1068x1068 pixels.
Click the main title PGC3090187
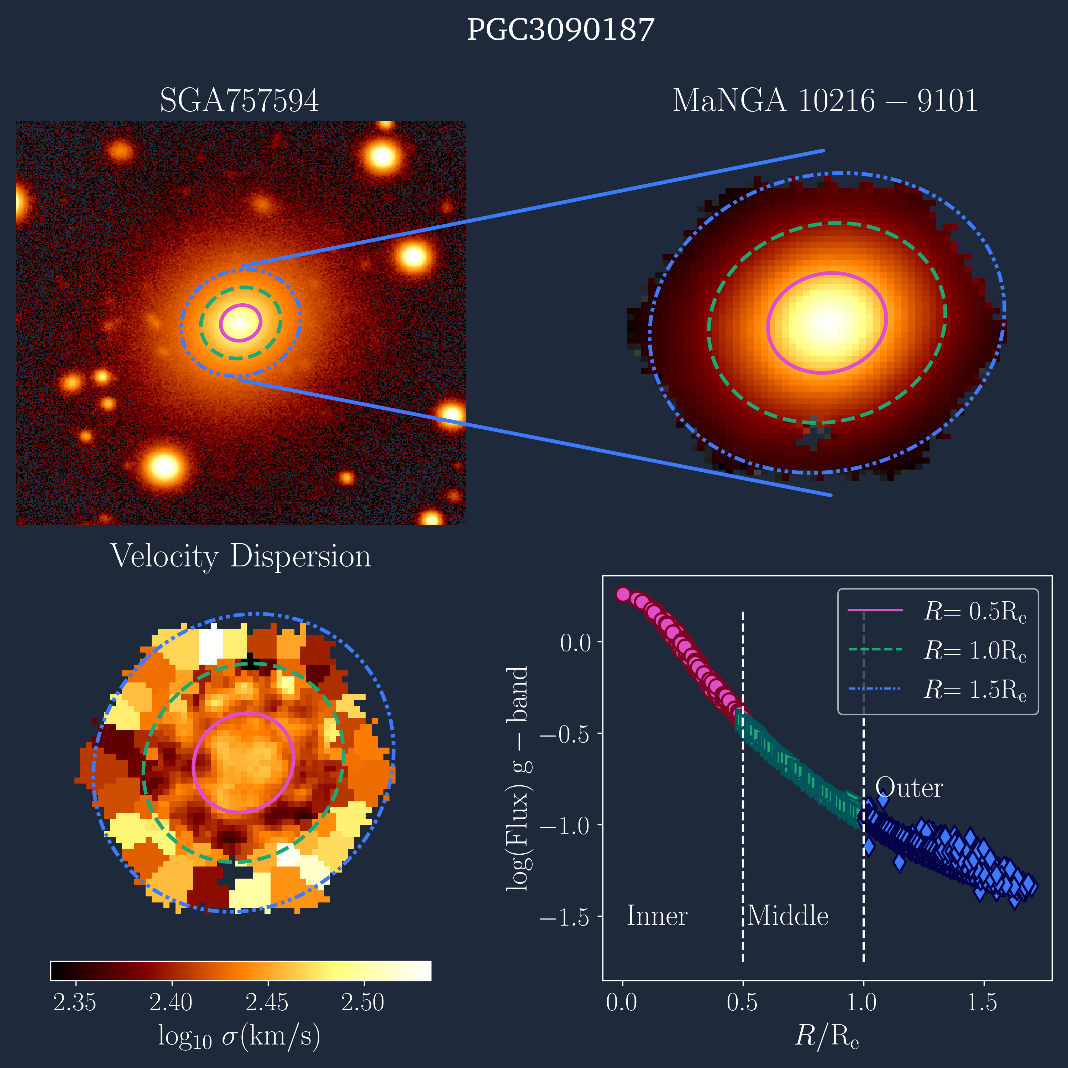(x=561, y=30)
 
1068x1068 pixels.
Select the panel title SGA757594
(x=239, y=101)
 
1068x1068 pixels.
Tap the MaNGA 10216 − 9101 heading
(x=825, y=101)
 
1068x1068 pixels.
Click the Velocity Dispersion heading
(x=240, y=556)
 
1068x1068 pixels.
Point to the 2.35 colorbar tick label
(x=75, y=1002)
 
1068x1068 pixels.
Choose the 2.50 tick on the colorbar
(x=363, y=1002)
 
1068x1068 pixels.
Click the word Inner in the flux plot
(x=657, y=916)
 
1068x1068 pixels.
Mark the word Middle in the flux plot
(x=788, y=916)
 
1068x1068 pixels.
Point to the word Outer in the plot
(x=909, y=788)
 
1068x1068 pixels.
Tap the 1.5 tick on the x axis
(x=982, y=1002)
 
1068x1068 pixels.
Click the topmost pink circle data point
(x=623, y=594)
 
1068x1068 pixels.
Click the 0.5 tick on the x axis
(x=742, y=1002)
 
